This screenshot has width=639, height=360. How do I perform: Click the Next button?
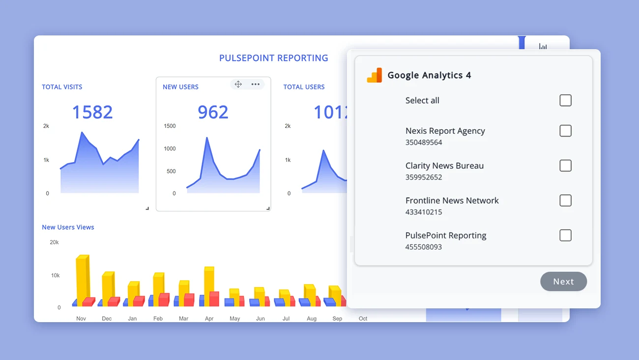pos(563,281)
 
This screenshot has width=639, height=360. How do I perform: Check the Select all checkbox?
pos(565,100)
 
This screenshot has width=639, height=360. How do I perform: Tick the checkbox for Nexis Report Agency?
pos(565,131)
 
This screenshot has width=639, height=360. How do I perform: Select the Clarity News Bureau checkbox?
pos(565,166)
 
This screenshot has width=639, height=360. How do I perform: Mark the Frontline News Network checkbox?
pos(565,201)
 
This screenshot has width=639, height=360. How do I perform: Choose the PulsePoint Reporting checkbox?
pos(565,236)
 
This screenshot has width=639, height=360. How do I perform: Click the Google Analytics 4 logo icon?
pos(375,75)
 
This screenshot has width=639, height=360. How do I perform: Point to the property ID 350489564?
pos(423,143)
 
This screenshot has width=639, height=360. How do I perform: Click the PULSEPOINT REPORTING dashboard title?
pos(273,58)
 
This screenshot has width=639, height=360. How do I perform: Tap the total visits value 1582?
pos(92,112)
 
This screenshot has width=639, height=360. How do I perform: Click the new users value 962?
pos(213,112)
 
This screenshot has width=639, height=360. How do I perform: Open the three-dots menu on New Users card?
pos(255,84)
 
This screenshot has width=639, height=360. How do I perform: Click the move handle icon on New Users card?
pos(238,84)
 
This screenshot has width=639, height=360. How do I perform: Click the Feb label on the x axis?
pos(158,319)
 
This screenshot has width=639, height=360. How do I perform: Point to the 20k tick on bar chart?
pos(55,242)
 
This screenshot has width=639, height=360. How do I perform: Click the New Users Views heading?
pos(68,227)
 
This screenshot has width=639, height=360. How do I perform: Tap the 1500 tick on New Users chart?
pos(170,126)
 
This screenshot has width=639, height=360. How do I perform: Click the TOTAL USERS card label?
pos(304,87)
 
